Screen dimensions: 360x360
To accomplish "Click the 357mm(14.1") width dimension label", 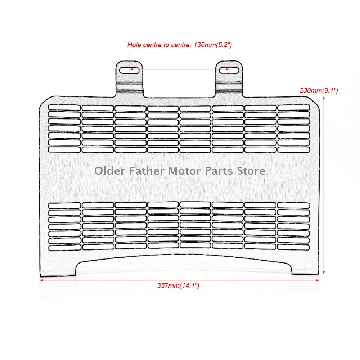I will pyautogui.click(x=178, y=285).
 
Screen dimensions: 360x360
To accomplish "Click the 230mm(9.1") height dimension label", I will pyautogui.click(x=319, y=91).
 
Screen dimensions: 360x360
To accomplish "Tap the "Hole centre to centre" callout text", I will pyautogui.click(x=179, y=45).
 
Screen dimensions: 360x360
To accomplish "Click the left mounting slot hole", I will pyautogui.click(x=129, y=70).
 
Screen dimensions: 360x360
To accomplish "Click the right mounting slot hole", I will pyautogui.click(x=229, y=70).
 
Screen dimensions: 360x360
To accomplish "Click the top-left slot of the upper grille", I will pyautogui.click(x=64, y=107).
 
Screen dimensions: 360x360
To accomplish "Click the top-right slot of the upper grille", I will pyautogui.click(x=293, y=107).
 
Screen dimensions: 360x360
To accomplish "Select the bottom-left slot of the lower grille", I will pyautogui.click(x=64, y=248).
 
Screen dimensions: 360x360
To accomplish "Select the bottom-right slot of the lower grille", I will pyautogui.click(x=293, y=248).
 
